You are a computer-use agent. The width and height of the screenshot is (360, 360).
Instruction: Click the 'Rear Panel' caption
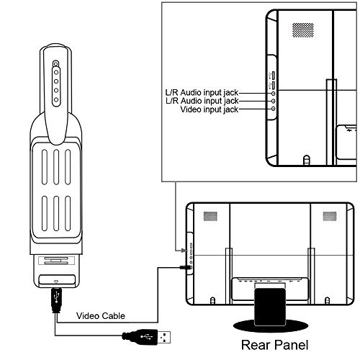pos(274,345)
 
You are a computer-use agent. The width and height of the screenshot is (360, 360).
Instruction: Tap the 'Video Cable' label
pos(101,316)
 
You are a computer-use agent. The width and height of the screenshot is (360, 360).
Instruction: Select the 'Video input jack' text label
pos(210,109)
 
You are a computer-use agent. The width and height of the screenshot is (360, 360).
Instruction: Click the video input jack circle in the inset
pos(273,109)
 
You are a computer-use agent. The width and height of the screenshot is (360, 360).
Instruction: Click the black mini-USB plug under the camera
pos(57,300)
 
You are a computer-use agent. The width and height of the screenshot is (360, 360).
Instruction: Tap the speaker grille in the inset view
pos(303,30)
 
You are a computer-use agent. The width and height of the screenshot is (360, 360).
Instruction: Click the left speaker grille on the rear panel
pos(210,216)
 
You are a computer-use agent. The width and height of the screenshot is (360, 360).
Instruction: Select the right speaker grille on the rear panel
pos(330,216)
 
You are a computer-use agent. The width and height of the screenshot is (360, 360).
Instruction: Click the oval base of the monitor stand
pos(271,326)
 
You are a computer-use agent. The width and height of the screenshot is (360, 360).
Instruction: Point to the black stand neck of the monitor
pos(270,307)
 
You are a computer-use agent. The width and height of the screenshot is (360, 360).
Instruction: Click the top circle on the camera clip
pos(56,64)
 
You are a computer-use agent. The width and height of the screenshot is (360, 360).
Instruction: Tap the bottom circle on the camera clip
pos(56,99)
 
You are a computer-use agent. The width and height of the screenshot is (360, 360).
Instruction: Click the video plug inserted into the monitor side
pos(186,267)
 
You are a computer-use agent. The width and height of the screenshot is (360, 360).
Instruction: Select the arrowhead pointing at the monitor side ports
pos(184,251)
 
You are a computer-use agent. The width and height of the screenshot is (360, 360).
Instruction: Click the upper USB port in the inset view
pos(273,76)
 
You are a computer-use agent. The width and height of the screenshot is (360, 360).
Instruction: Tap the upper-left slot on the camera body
pos(45,167)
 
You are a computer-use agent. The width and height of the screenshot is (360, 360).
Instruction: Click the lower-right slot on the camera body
pos(68,213)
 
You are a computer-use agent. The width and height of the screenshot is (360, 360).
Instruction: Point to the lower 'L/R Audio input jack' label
pos(202,101)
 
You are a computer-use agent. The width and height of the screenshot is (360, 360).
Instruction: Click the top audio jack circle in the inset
pos(273,93)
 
